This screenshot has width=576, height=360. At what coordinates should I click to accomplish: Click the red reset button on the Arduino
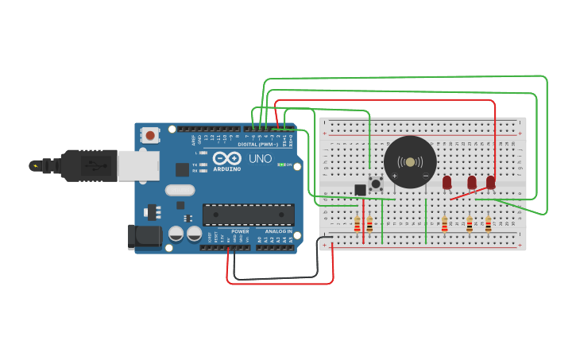[x=151, y=136]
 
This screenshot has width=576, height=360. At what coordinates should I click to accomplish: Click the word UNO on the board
[x=261, y=158]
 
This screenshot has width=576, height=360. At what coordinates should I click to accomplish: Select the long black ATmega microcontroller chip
[x=248, y=215]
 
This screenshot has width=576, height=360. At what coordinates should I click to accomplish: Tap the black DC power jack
[x=145, y=237]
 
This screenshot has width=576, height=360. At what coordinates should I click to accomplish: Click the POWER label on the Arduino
[x=240, y=231]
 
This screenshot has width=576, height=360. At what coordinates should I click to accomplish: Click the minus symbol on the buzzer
[x=426, y=175]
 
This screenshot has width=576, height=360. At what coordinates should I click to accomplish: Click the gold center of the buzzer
[x=410, y=162]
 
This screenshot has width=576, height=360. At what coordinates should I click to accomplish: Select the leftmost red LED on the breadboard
[x=446, y=183]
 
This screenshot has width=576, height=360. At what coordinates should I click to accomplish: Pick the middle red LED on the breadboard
[x=471, y=183]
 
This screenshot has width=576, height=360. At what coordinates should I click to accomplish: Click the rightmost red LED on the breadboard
[x=490, y=183]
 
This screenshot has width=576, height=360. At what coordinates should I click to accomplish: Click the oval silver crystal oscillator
[x=180, y=190]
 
